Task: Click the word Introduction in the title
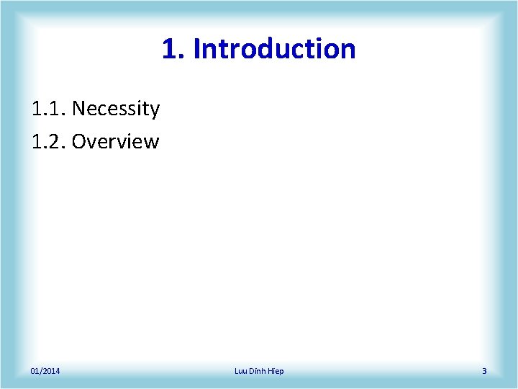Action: tap(274, 49)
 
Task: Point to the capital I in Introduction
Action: tap(197, 49)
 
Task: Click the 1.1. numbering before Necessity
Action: tap(49, 109)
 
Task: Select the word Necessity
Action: tap(116, 109)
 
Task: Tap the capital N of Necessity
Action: tap(79, 109)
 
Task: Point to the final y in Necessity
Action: tap(154, 110)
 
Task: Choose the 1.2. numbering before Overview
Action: tap(49, 141)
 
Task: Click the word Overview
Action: tap(115, 141)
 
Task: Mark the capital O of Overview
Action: tap(79, 141)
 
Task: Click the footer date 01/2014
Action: tap(45, 371)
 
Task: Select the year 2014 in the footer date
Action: tap(52, 371)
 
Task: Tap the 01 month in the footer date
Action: tap(35, 371)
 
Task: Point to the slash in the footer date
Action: tap(41, 371)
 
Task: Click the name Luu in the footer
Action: tap(241, 371)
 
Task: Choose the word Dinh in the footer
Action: tap(258, 371)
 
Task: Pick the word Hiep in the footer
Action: tap(276, 371)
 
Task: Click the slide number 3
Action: tap(484, 371)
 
